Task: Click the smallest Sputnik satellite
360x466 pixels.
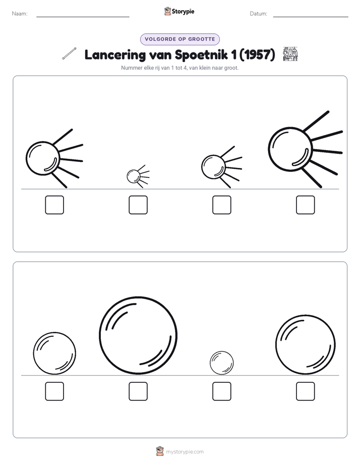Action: click(134, 177)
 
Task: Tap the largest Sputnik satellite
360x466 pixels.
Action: click(291, 149)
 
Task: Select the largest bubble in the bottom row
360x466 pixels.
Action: click(138, 335)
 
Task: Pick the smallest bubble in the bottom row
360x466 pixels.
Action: click(221, 363)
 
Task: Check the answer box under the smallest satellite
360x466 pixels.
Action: click(138, 205)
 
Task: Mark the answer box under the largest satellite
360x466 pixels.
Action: click(306, 205)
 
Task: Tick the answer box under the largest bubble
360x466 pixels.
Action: click(138, 391)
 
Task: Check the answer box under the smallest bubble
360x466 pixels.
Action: click(222, 391)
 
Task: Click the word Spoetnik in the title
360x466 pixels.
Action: click(201, 54)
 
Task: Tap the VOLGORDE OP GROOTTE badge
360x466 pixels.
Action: click(179, 39)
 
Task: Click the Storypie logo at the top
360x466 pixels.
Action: click(179, 11)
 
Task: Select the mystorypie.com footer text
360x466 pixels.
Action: click(185, 452)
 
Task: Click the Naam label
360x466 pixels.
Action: click(20, 14)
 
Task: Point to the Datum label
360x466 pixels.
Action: click(259, 14)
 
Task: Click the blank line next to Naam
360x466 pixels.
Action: click(83, 17)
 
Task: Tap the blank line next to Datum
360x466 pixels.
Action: click(311, 17)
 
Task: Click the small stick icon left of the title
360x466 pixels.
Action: click(69, 53)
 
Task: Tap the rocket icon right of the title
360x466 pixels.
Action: click(290, 54)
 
